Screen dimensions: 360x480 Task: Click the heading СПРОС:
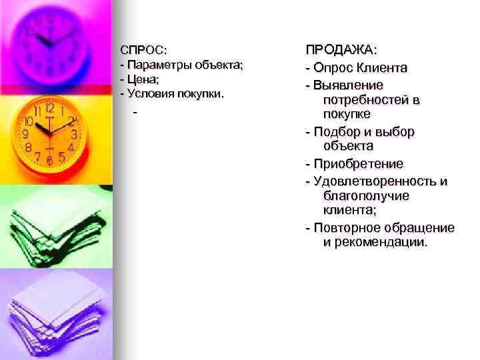click(x=143, y=51)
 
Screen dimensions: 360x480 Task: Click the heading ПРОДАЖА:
click(x=341, y=51)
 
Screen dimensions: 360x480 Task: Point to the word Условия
click(x=150, y=94)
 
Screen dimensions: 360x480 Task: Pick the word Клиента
click(x=383, y=68)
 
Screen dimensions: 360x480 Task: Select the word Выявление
click(x=347, y=85)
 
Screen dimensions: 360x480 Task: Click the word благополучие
click(x=366, y=196)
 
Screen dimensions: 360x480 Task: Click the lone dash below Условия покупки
click(x=135, y=113)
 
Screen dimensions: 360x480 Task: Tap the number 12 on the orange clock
click(x=49, y=109)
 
